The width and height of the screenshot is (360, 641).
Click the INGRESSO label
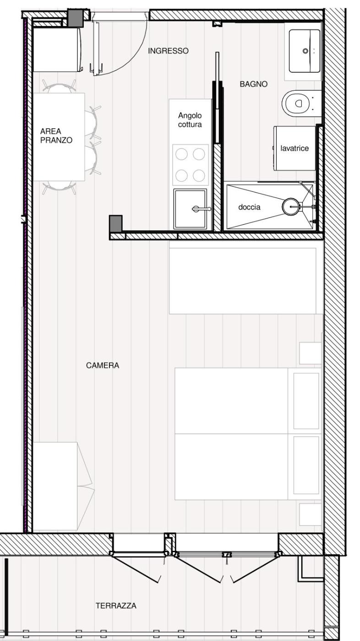tap(168, 51)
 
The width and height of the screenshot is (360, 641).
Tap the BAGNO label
tap(254, 84)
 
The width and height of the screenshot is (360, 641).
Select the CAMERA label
tap(103, 365)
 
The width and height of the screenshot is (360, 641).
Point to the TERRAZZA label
tap(116, 606)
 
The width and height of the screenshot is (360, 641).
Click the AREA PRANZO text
tap(56, 136)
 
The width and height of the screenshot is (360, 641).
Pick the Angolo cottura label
tap(190, 120)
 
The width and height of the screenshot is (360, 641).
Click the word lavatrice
tap(295, 148)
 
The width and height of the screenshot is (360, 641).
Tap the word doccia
tap(249, 207)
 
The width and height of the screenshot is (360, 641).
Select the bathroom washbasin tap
tap(305, 51)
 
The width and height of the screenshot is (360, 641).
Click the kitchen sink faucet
tap(202, 209)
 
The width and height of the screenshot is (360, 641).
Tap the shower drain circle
tap(290, 206)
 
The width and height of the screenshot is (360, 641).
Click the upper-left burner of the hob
tap(181, 154)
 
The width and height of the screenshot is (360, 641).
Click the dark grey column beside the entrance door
tap(75, 18)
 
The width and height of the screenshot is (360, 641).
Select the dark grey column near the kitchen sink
tap(116, 223)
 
